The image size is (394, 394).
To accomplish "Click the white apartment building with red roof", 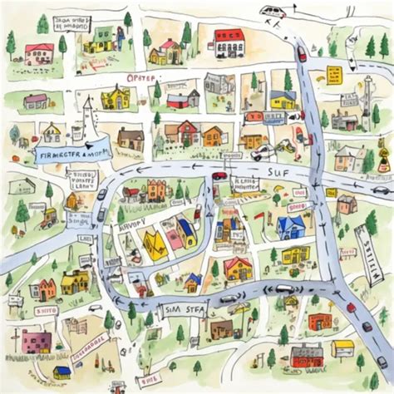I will [229, 43].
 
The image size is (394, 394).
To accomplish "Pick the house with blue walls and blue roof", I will [290, 226].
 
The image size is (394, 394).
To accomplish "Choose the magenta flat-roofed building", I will [36, 341].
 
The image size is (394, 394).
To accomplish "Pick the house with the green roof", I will [102, 37].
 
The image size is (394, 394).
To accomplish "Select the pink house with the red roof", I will [38, 53].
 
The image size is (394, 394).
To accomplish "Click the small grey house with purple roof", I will [35, 101].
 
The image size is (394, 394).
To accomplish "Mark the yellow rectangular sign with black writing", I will [334, 75].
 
